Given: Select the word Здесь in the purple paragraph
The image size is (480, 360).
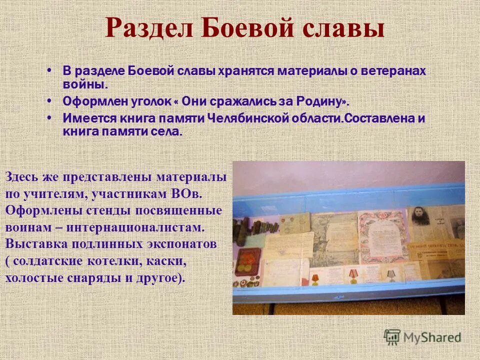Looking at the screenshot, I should click(20, 177).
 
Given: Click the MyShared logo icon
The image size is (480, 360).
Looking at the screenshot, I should click(392, 337).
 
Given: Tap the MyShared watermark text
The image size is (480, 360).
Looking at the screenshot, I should click(432, 337).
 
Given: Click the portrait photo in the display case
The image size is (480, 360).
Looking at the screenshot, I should click(420, 220).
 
